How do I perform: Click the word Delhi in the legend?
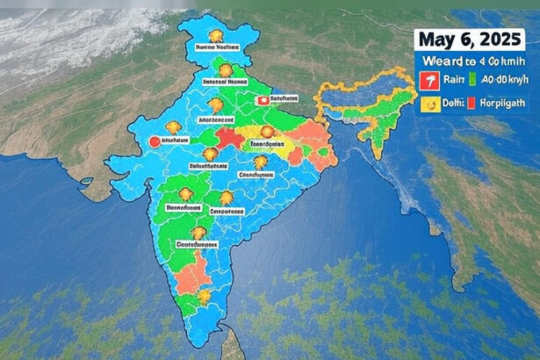click(455, 104)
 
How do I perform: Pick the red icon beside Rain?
click(430, 83)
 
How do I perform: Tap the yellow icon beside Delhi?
click(430, 104)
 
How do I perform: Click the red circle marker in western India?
click(155, 140)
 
